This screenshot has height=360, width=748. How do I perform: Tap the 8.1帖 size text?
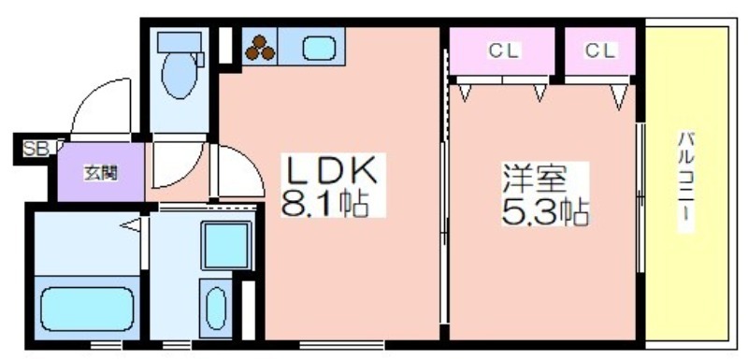[x=325, y=205]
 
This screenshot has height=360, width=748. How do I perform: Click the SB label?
[x=36, y=149]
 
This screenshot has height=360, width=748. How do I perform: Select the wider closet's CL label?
[x=503, y=50]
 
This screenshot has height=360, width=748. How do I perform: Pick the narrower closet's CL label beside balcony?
[x=600, y=50]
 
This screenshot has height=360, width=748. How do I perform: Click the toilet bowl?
[x=180, y=76]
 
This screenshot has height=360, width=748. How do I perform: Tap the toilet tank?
[x=180, y=42]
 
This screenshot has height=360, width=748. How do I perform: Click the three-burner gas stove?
[x=260, y=49]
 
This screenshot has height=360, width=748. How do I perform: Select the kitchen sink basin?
[x=319, y=49]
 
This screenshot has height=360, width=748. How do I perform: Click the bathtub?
[x=86, y=309]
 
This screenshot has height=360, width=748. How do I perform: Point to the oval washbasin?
[x=216, y=308]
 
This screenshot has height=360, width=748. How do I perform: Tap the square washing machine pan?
[x=226, y=245]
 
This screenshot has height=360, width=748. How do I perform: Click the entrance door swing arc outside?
[x=90, y=96]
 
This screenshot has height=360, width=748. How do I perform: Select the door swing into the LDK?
[x=248, y=162]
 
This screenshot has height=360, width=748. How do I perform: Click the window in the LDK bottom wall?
[x=341, y=344]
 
